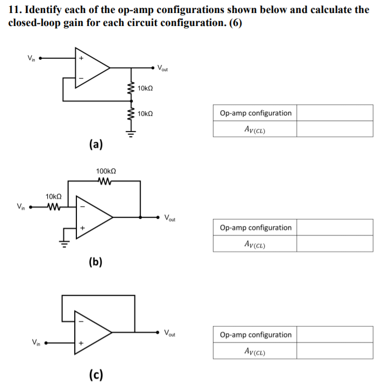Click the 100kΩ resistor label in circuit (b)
click(106, 171)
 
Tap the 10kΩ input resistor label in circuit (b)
click(53, 196)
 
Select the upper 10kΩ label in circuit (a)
click(145, 89)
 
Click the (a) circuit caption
click(95, 144)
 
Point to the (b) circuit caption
click(95, 261)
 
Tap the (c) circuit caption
click(95, 374)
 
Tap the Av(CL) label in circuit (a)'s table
click(254, 129)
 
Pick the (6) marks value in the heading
click(234, 25)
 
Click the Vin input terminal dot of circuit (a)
click(40, 59)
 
